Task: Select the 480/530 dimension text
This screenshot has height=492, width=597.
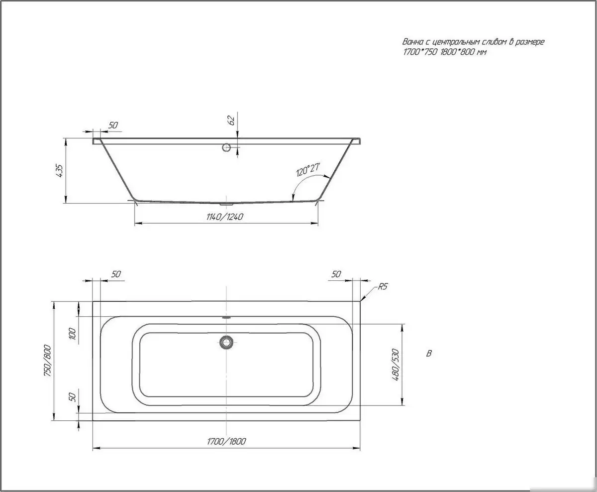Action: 396,365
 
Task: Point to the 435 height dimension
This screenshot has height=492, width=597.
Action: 60,171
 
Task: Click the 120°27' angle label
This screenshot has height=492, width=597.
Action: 308,170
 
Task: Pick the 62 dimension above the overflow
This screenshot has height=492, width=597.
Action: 231,120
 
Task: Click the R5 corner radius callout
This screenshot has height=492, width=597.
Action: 383,286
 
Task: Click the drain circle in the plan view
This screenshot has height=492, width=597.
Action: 226,342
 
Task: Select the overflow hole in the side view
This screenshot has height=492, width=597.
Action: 226,147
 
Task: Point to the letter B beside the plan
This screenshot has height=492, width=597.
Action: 429,354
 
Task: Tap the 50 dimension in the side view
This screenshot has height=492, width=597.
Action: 113,125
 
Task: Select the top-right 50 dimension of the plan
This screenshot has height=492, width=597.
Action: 336,274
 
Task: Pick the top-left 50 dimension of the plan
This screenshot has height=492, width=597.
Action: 116,274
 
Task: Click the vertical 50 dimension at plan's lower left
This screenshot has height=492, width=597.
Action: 73,397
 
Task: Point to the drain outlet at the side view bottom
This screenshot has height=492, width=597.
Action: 226,203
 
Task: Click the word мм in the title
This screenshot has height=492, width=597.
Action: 481,52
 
